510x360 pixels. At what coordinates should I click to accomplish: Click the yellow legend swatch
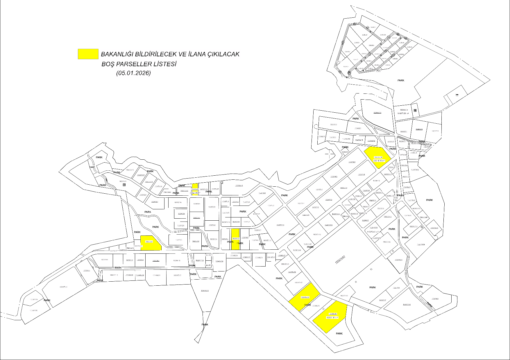pos(88,54)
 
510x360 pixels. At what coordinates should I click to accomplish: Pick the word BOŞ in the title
pos(108,64)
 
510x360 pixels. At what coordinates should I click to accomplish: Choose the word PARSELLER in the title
pos(133,64)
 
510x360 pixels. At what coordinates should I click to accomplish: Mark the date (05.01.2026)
pos(133,73)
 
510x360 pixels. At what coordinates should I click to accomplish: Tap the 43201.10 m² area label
pos(332,318)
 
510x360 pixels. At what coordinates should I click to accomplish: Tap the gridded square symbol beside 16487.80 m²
pos(415,110)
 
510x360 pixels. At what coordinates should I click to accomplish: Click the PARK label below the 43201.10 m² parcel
pos(339,334)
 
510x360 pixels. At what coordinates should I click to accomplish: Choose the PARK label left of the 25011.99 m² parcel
pos(345,147)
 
